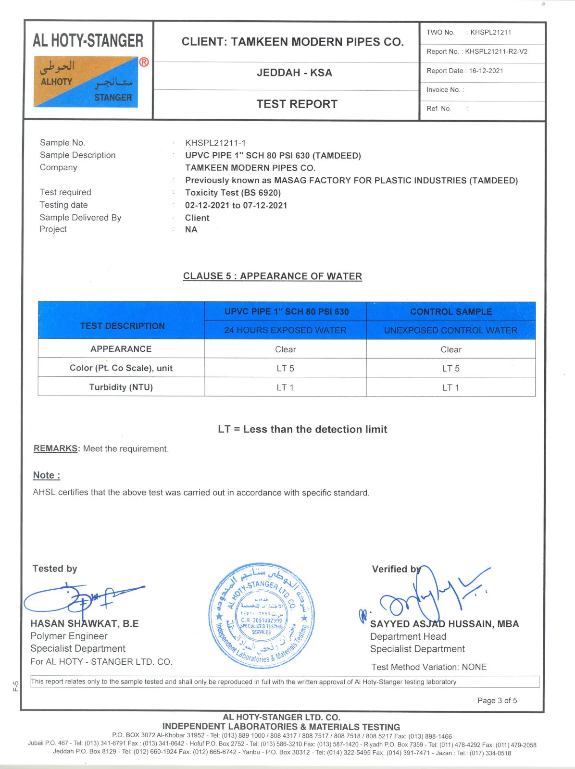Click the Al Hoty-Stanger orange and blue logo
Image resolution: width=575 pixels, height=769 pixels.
pyautogui.click(x=86, y=82)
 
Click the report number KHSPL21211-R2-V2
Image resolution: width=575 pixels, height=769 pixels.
pyautogui.click(x=496, y=51)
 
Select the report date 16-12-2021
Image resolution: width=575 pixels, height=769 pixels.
pyautogui.click(x=486, y=71)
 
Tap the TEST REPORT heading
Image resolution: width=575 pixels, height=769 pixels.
pyautogui.click(x=297, y=104)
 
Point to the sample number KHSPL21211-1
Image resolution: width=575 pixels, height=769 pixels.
pyautogui.click(x=215, y=143)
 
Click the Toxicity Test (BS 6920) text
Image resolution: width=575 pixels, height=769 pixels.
pyautogui.click(x=233, y=193)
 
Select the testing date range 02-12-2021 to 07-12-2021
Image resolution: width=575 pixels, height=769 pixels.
pyautogui.click(x=236, y=205)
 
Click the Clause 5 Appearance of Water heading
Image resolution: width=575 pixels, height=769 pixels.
pyautogui.click(x=272, y=276)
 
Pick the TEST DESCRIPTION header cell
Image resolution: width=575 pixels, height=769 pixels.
pyautogui.click(x=122, y=326)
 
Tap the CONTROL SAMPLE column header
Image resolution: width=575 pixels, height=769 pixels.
pyautogui.click(x=450, y=311)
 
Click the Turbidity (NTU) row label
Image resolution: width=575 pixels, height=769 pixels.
pyautogui.click(x=121, y=387)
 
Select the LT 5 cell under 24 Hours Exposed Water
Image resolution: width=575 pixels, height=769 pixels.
pyautogui.click(x=285, y=368)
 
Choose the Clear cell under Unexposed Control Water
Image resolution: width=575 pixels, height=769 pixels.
pyautogui.click(x=450, y=349)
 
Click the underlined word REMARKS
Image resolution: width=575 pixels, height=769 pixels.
pyautogui.click(x=55, y=448)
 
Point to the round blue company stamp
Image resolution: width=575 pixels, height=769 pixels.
pyautogui.click(x=262, y=616)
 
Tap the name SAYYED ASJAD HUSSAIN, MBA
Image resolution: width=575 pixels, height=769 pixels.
pyautogui.click(x=444, y=624)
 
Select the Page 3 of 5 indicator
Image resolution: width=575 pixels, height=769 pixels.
pyautogui.click(x=497, y=700)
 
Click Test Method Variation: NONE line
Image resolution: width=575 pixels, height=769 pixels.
pyautogui.click(x=429, y=667)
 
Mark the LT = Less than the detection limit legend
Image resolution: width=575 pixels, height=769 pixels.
pyautogui.click(x=302, y=429)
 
